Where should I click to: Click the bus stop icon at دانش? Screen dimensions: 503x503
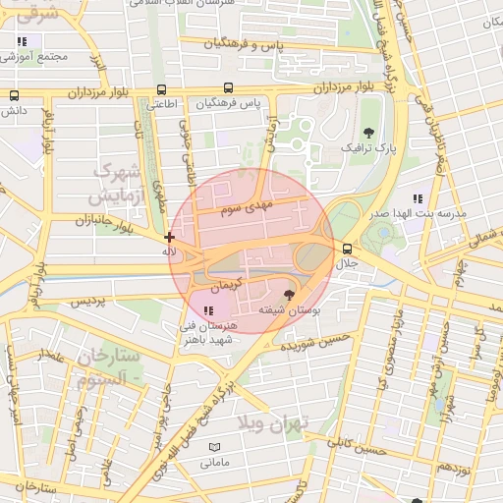14,96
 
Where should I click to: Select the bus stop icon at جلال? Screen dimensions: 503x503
347,249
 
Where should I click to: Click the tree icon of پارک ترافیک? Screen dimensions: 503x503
368,132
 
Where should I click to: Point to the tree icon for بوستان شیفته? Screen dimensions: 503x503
289,294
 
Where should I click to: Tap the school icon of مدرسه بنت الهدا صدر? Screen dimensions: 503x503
418,198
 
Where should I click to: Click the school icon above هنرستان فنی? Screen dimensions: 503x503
206,311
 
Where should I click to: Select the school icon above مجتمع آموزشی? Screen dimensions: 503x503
22,41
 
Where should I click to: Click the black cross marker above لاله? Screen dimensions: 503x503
170,237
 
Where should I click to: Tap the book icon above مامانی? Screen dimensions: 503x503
214,447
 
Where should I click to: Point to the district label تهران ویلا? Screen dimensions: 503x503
272,421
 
